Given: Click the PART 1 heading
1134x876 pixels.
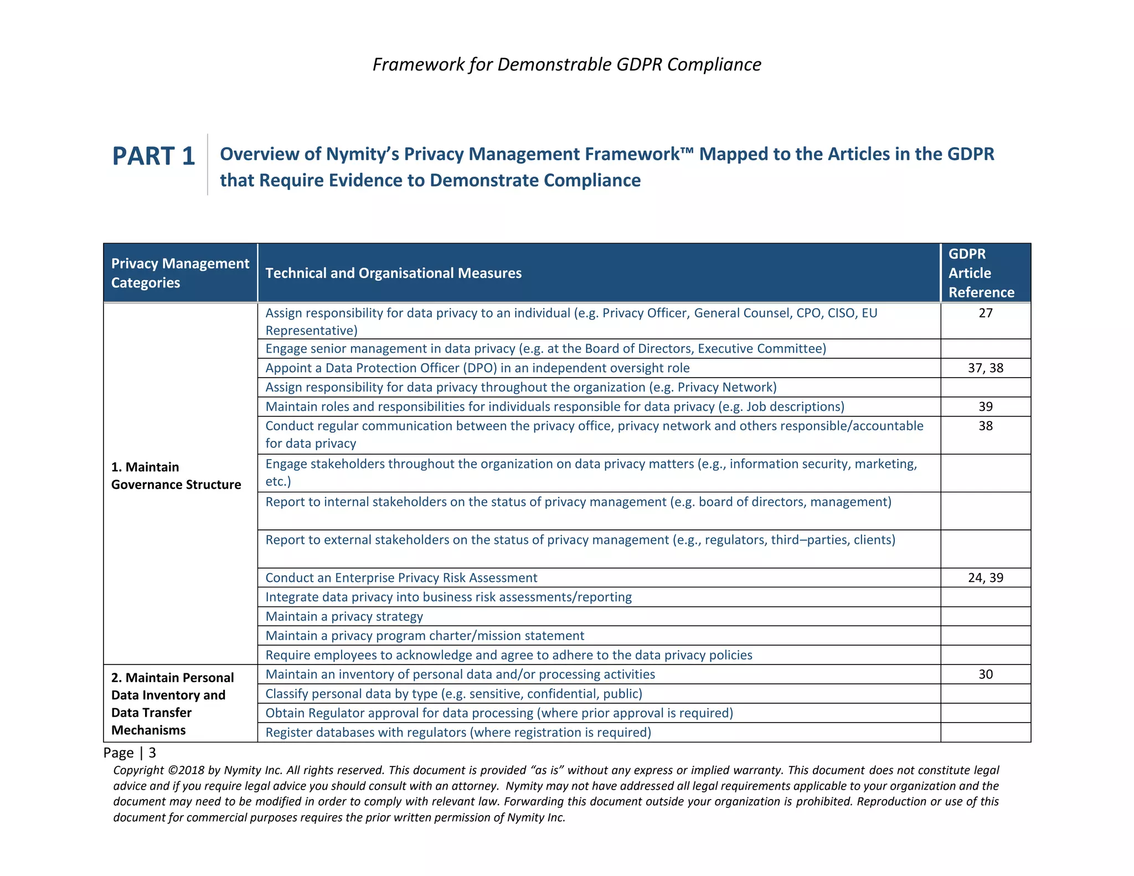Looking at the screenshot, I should pyautogui.click(x=153, y=156).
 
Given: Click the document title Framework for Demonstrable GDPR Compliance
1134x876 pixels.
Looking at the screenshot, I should pyautogui.click(x=566, y=64).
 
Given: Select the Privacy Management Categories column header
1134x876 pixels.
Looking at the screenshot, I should pyautogui.click(x=180, y=273).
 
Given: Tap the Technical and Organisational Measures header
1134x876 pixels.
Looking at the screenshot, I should pyautogui.click(x=393, y=273).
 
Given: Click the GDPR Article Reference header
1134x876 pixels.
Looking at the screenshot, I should pyautogui.click(x=981, y=273).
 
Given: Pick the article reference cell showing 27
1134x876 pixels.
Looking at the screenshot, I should pyautogui.click(x=985, y=313).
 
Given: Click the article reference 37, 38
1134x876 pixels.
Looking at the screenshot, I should pyautogui.click(x=985, y=368).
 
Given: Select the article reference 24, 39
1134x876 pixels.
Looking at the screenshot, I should pyautogui.click(x=985, y=578).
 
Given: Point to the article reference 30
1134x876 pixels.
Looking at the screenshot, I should pyautogui.click(x=985, y=674).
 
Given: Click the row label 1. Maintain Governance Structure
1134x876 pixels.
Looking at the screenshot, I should pyautogui.click(x=176, y=476).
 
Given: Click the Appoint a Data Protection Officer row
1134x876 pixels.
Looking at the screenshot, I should pyautogui.click(x=477, y=368).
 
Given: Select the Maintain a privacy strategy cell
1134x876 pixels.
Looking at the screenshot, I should pyautogui.click(x=344, y=616).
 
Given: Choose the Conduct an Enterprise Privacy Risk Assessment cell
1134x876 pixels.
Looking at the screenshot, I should pyautogui.click(x=401, y=578).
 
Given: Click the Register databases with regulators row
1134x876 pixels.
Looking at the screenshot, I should pyautogui.click(x=458, y=733).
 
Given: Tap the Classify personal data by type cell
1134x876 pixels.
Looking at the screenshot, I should pyautogui.click(x=453, y=694).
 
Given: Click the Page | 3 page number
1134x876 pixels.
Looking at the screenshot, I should pyautogui.click(x=130, y=753).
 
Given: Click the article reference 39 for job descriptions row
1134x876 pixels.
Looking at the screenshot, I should pyautogui.click(x=985, y=407).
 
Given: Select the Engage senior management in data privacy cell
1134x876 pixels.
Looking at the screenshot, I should pyautogui.click(x=545, y=349).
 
